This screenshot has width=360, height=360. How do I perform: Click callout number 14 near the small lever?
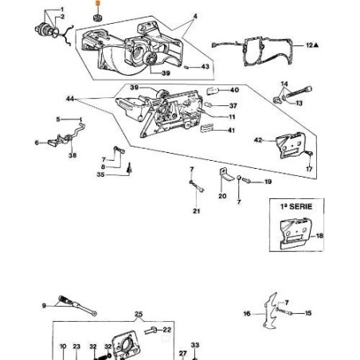283,84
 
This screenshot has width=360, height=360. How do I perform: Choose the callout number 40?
235,90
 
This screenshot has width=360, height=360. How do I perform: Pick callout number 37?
233,105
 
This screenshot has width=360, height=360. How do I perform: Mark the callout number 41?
231,130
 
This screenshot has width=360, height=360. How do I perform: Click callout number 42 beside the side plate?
257,140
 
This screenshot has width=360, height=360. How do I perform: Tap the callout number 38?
72,155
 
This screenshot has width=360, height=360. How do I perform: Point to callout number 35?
100,174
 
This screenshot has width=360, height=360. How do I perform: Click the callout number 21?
196,211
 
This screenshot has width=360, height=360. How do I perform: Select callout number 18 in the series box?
319,237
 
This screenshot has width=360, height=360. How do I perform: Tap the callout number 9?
43,305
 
